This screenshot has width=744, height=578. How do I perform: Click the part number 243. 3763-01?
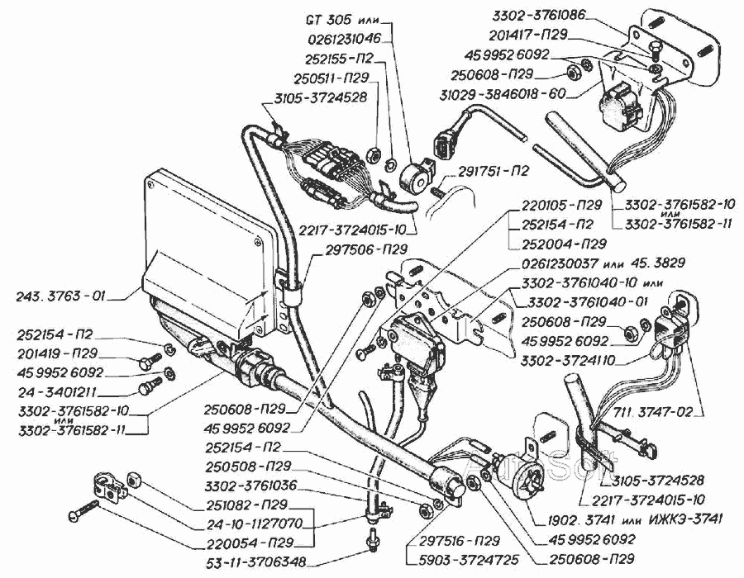(x=64, y=294)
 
